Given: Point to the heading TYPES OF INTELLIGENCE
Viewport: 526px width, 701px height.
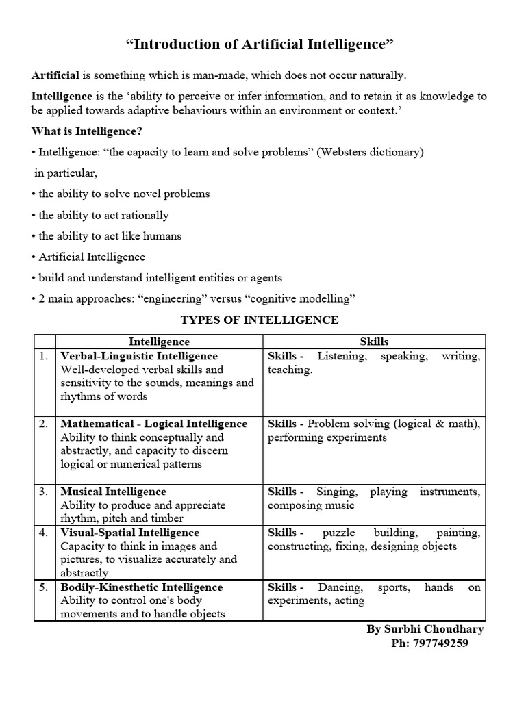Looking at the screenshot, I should (x=259, y=320).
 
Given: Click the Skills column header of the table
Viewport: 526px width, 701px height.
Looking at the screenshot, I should (x=374, y=341).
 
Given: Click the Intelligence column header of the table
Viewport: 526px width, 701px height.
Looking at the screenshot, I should (x=159, y=341).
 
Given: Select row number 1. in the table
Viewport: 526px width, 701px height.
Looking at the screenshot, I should (x=44, y=356).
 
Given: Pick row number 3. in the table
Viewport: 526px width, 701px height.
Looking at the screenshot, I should (x=44, y=492).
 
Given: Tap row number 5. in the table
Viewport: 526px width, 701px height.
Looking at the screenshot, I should (x=44, y=587).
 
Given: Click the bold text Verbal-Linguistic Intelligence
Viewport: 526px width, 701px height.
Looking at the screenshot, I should (x=139, y=356).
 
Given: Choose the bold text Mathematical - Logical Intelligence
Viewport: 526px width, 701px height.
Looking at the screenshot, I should (x=153, y=424).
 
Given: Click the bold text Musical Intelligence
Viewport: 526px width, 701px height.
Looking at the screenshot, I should (x=113, y=492).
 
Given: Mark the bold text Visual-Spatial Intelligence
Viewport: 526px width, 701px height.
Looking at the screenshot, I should (x=129, y=533).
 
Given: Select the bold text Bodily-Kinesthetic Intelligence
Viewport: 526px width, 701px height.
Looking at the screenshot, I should (x=141, y=587).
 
